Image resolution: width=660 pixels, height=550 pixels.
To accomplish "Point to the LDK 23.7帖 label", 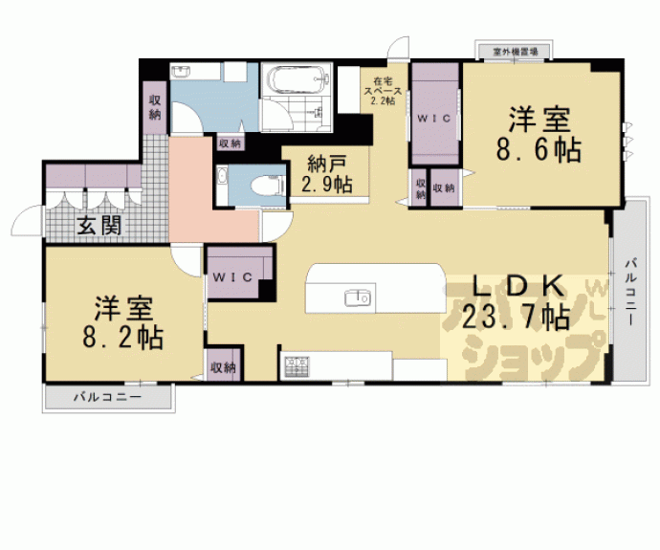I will [x=517, y=301].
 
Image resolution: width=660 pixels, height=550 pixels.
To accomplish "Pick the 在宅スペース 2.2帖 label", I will [x=382, y=90].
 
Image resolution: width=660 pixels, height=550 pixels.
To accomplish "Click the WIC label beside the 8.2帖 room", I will [x=232, y=276].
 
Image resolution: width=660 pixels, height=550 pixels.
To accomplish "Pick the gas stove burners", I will [x=296, y=364].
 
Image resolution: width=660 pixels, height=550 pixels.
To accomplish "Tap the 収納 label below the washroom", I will [x=230, y=143].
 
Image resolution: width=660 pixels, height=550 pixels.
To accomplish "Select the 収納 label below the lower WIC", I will [x=224, y=366].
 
